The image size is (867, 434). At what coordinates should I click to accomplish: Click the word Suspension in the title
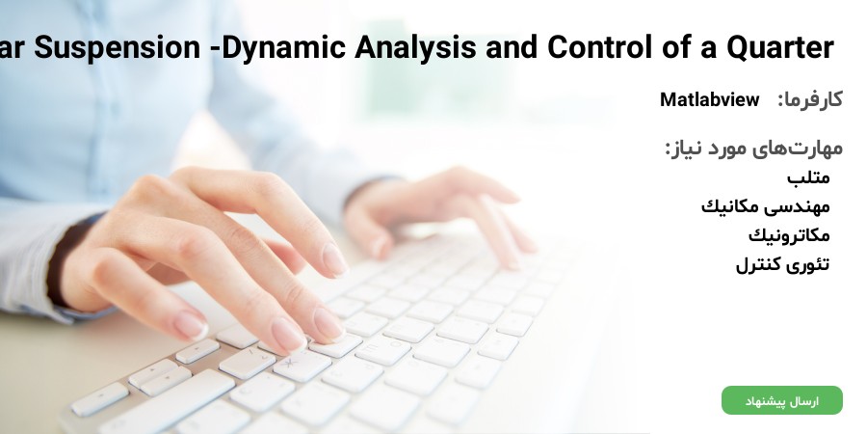(x=117, y=47)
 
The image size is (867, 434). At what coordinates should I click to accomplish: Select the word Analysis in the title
(x=414, y=47)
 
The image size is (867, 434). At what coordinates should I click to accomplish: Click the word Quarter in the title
(x=779, y=47)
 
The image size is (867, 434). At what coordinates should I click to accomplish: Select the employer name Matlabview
(x=709, y=99)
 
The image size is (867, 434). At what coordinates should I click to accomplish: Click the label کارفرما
(x=810, y=99)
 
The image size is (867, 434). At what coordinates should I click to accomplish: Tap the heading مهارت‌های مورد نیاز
(x=753, y=148)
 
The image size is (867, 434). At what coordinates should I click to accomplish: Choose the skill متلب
(x=808, y=177)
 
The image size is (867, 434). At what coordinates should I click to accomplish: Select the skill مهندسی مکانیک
(x=766, y=206)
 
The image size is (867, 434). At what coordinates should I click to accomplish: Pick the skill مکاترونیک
(x=790, y=235)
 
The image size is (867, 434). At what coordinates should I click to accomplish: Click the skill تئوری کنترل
(x=783, y=264)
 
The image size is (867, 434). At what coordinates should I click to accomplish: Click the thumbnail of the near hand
(x=191, y=326)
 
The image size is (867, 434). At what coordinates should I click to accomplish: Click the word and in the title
(x=512, y=47)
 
